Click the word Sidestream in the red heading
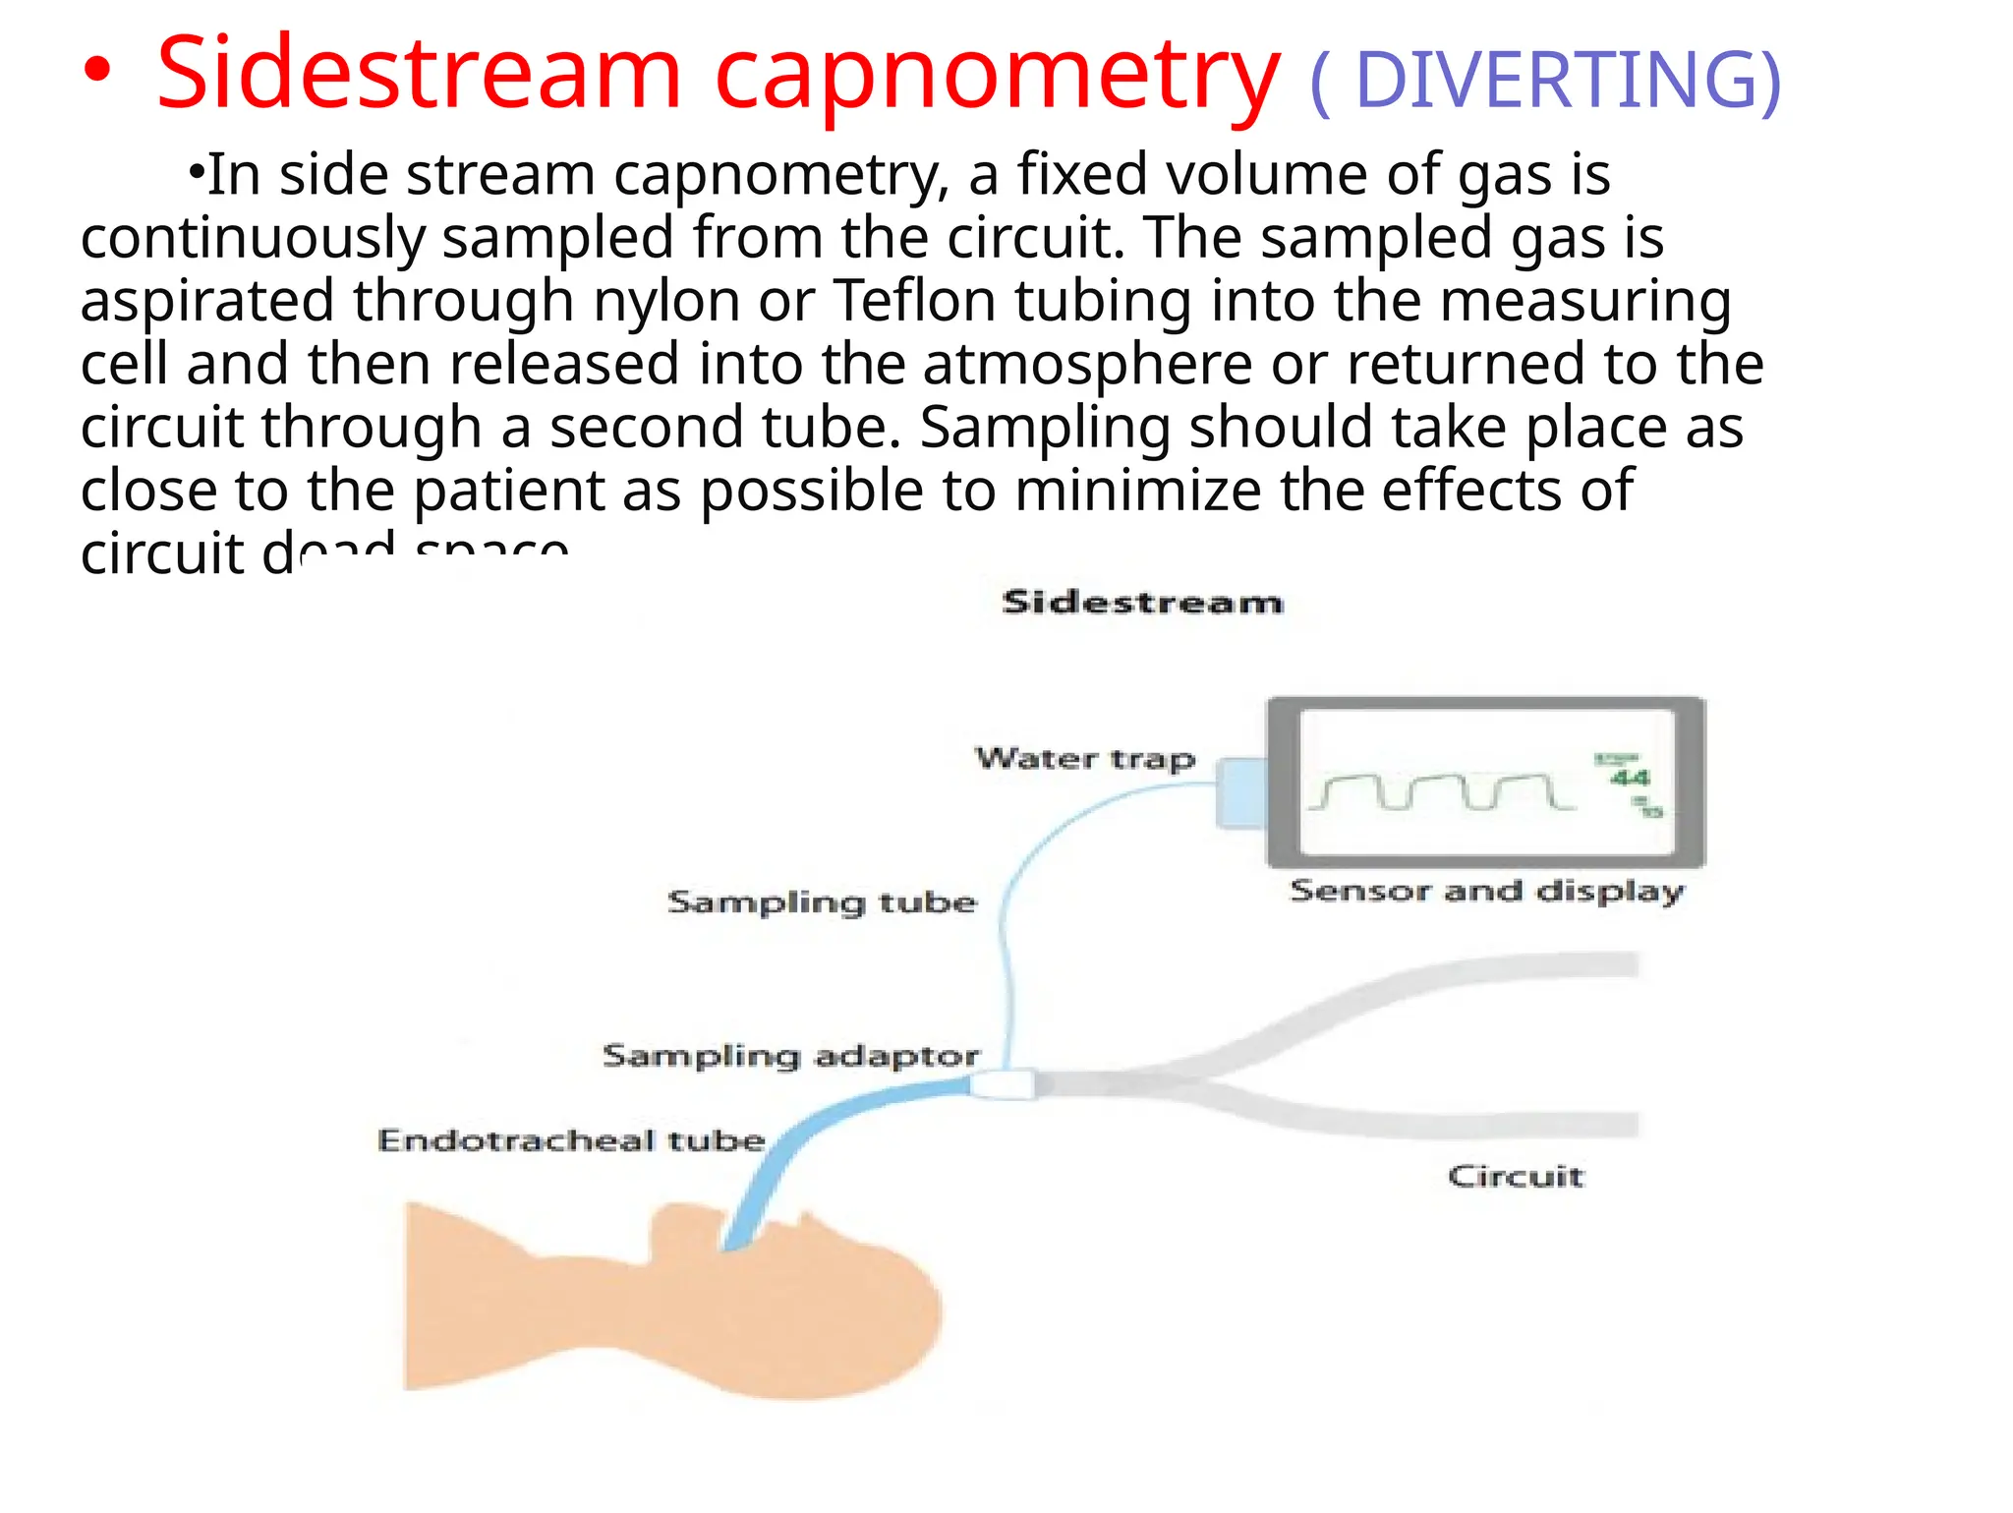tap(418, 74)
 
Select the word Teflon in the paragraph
tap(914, 300)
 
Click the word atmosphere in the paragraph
tap(1087, 365)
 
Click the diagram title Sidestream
tap(1142, 602)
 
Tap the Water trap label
tap(1084, 759)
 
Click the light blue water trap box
tap(1239, 792)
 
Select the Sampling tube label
tap(822, 902)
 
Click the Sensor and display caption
tap(1487, 892)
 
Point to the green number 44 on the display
tap(1630, 779)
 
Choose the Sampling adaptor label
tap(790, 1056)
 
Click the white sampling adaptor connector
tap(1002, 1084)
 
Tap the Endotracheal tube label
tap(571, 1140)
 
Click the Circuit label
tap(1515, 1176)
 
